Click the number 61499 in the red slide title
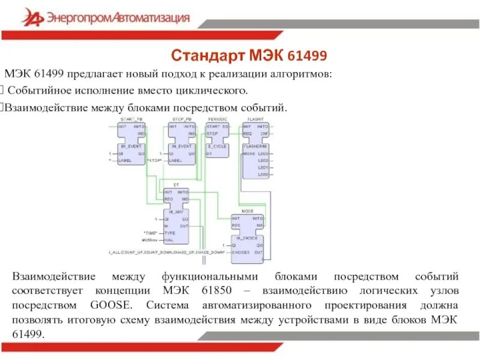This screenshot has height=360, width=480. pos(307,56)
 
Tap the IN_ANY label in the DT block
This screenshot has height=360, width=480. pos(176,212)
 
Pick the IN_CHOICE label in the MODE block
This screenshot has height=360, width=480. pos(247,238)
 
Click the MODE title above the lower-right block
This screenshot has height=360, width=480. pos(248,212)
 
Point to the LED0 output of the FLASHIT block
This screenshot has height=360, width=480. pos(262,174)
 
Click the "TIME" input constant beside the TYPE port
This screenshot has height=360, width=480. pos(150,232)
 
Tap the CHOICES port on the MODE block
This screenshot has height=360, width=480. pos(241,253)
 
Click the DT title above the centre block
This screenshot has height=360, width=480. pos(176,185)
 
